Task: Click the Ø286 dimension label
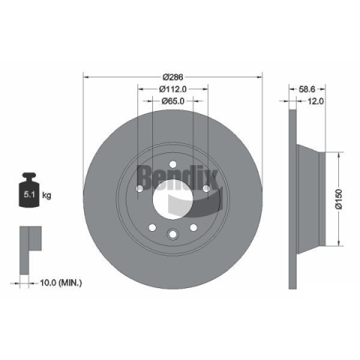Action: point(172,77)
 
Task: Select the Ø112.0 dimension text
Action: point(173,89)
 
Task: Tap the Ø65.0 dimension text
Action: point(173,101)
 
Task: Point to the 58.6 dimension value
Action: point(307,89)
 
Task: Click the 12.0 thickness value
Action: point(315,101)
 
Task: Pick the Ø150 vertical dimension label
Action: point(338,199)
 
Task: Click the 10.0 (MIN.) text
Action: point(61,283)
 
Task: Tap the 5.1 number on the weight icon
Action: point(29,194)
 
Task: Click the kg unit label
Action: point(46,195)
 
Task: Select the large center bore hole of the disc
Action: point(172,199)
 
